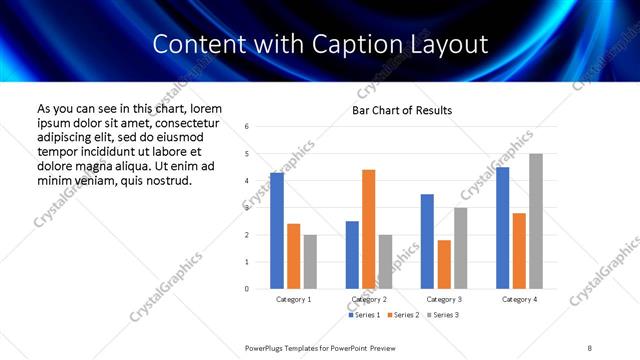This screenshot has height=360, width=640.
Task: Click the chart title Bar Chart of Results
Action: [x=401, y=110]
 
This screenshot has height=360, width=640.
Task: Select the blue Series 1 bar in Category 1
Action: [x=277, y=230]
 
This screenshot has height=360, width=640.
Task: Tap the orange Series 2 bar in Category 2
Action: [x=369, y=229]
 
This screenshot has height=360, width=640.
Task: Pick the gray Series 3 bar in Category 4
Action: [x=536, y=221]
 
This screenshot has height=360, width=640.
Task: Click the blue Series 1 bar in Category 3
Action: [x=427, y=241]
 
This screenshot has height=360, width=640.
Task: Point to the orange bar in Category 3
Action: [x=444, y=264]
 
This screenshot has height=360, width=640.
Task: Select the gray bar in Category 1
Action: [x=311, y=262]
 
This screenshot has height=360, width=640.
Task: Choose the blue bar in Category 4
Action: [x=503, y=228]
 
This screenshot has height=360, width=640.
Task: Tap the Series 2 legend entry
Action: [x=402, y=316]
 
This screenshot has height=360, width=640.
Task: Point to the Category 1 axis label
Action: [x=294, y=299]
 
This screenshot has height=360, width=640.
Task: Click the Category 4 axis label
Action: [x=519, y=299]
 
